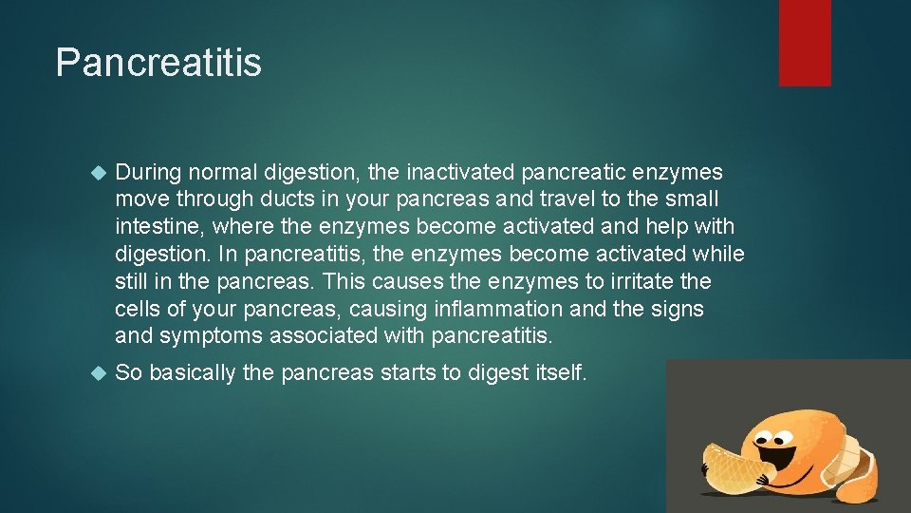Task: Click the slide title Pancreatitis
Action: click(158, 63)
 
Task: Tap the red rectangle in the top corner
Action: click(805, 43)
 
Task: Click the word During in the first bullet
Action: click(147, 172)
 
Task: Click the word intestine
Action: click(158, 227)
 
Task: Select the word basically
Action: click(192, 372)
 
